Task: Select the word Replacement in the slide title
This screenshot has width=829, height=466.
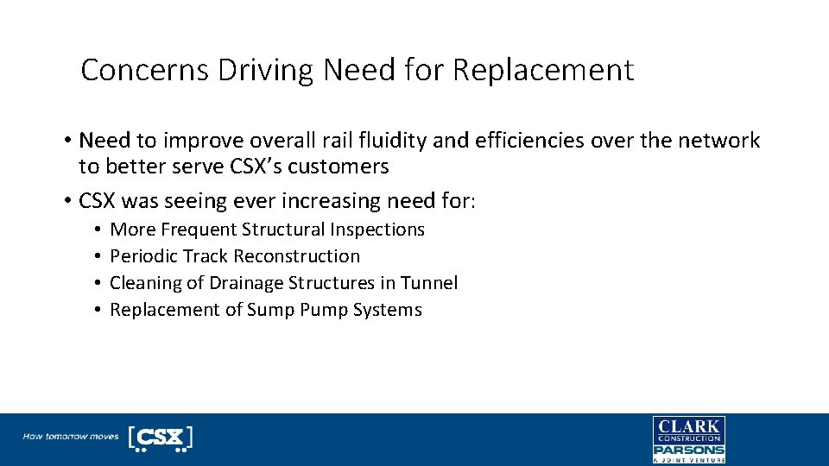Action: tap(543, 70)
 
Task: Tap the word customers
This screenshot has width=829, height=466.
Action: tap(343, 166)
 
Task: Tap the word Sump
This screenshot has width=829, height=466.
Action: tap(270, 310)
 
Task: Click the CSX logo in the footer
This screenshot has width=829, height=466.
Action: tap(160, 438)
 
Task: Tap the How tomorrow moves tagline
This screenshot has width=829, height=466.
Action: tap(71, 437)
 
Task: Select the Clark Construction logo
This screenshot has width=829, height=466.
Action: tap(688, 430)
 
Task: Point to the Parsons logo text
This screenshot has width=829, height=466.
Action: tap(688, 450)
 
